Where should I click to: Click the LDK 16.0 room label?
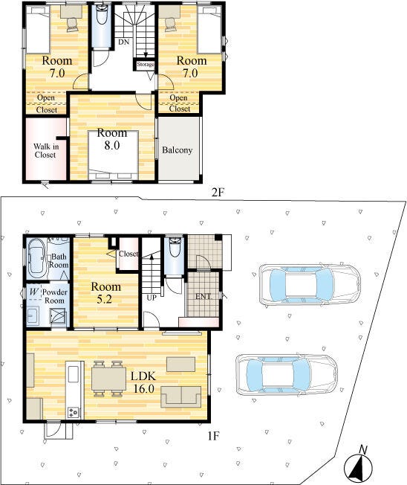(x=143, y=382)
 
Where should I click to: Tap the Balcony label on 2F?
(x=178, y=150)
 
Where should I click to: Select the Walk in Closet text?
(x=46, y=150)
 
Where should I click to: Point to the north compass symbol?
(x=358, y=463)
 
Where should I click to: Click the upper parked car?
(x=310, y=283)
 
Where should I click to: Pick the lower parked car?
(x=287, y=375)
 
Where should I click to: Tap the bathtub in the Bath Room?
(x=36, y=256)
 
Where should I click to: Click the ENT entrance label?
(x=203, y=296)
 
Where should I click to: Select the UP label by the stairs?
(x=152, y=298)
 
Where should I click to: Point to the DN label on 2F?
(x=124, y=42)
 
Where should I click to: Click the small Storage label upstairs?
(x=145, y=64)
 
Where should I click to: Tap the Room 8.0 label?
(x=112, y=139)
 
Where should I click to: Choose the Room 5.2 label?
(x=105, y=292)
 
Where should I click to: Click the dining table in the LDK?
(x=108, y=379)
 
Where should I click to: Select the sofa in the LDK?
(x=181, y=396)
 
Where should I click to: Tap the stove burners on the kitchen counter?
(x=74, y=412)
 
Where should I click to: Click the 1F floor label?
(x=213, y=436)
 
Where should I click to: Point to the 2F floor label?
(x=217, y=193)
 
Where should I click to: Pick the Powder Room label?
(x=55, y=296)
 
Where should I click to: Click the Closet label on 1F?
(x=128, y=254)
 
